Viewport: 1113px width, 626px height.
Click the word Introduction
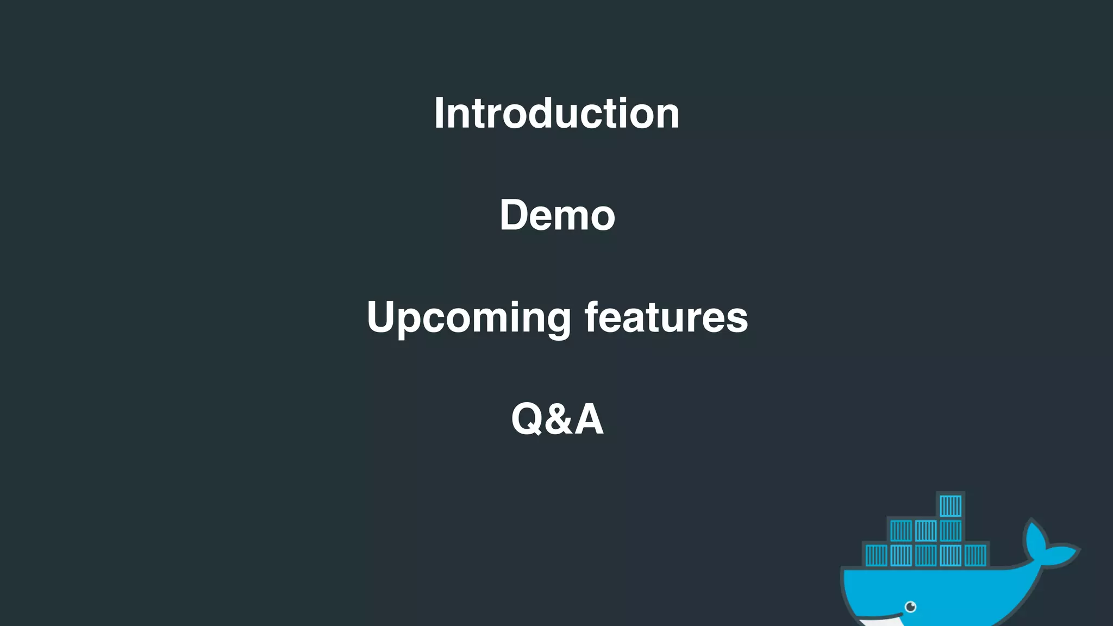click(x=556, y=113)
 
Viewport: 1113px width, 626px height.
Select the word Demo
click(x=557, y=215)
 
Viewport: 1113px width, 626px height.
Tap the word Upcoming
click(x=468, y=317)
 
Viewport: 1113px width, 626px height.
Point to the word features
click(x=666, y=317)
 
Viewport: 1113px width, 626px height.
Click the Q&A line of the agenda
click(x=557, y=419)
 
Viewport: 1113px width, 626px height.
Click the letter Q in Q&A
click(x=527, y=420)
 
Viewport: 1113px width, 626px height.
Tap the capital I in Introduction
click(x=439, y=113)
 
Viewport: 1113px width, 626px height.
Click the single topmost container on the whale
click(x=951, y=506)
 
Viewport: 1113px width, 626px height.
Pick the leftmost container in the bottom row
click(x=876, y=555)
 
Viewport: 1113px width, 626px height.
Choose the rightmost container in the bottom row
click(x=976, y=555)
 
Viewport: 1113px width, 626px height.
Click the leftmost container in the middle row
click(x=901, y=531)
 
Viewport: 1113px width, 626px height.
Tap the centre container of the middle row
click(x=926, y=531)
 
